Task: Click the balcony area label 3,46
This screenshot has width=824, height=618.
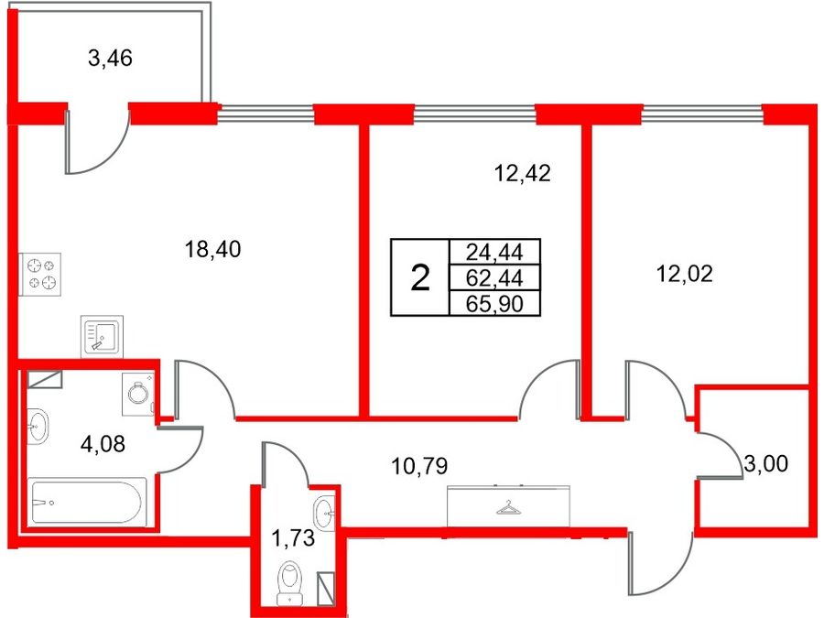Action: tap(111, 59)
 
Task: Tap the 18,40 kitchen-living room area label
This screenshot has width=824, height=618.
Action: tap(212, 249)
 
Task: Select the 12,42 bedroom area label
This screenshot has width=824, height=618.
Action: tap(523, 173)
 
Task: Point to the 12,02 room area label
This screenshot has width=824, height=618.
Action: tap(685, 274)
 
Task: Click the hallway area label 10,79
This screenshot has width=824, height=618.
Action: tap(419, 466)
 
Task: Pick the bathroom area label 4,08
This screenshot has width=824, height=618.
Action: tap(103, 445)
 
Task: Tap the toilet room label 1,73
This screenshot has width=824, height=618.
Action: tap(293, 538)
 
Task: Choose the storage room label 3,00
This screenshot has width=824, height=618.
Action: tap(766, 464)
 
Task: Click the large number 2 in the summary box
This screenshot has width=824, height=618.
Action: tap(420, 278)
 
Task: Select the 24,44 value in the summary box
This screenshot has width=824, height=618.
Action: tap(494, 253)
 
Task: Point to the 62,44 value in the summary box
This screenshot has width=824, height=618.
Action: tap(494, 278)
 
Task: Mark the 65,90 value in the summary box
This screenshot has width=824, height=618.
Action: tap(494, 304)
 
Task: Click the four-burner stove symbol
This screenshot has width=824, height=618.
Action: tap(40, 275)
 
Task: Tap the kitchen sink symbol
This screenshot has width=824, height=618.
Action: tap(102, 336)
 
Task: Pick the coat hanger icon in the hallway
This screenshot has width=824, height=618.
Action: tap(508, 507)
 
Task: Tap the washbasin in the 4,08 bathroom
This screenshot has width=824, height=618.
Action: tap(38, 426)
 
